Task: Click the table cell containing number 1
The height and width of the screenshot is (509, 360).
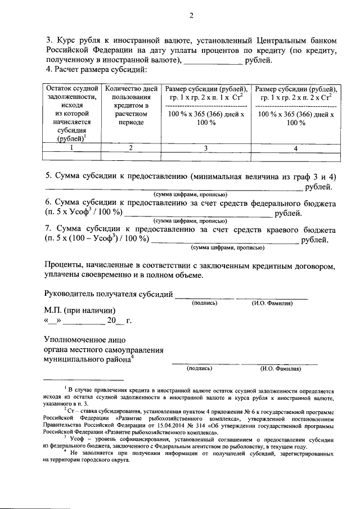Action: pos(72,147)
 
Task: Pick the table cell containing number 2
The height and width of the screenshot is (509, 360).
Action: pos(130,147)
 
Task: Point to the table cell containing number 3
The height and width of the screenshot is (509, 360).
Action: pos(205,148)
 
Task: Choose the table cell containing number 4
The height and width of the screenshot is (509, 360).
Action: pos(296,148)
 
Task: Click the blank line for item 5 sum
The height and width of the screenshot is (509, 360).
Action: pos(169,188)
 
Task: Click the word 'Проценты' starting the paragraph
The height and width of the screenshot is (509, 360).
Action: pos(65,265)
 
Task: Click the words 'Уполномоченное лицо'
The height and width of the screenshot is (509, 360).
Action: pos(84,339)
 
